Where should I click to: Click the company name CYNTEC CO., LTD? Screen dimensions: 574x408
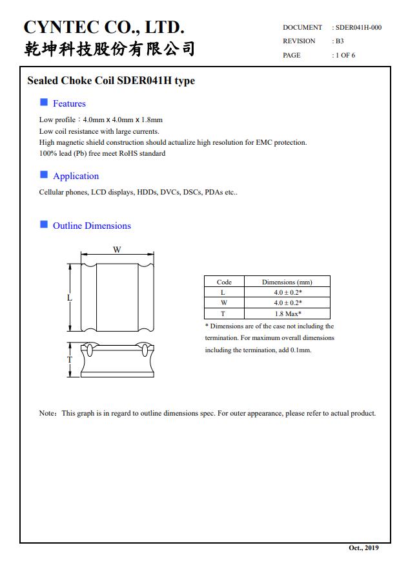pos(104,27)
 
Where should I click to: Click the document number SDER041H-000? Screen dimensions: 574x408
pos(358,28)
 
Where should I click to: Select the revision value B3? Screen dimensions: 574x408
pos(340,41)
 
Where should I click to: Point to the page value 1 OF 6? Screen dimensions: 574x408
pos(345,55)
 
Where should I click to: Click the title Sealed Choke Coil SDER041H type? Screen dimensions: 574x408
pos(111,81)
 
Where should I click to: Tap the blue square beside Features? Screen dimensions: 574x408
pos(44,102)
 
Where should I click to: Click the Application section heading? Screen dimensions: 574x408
pos(76,176)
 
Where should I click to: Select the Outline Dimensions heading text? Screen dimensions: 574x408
pos(92,226)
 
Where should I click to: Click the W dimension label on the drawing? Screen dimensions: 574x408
pos(117,250)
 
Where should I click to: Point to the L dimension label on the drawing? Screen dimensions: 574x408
pos(70,298)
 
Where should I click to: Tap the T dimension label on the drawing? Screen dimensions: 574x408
pos(70,359)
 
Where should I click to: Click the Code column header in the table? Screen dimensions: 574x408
pos(224,282)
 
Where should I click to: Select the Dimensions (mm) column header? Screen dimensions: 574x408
pos(287,282)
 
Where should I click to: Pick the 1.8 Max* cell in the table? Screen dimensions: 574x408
pos(288,314)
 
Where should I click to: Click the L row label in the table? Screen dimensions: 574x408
pos(223,292)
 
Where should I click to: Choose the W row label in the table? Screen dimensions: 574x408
pos(224,303)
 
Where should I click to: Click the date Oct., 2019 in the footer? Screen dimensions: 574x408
pos(363,547)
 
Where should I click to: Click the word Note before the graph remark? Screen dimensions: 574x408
pos(46,413)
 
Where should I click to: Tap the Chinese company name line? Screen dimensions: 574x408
pos(110,49)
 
